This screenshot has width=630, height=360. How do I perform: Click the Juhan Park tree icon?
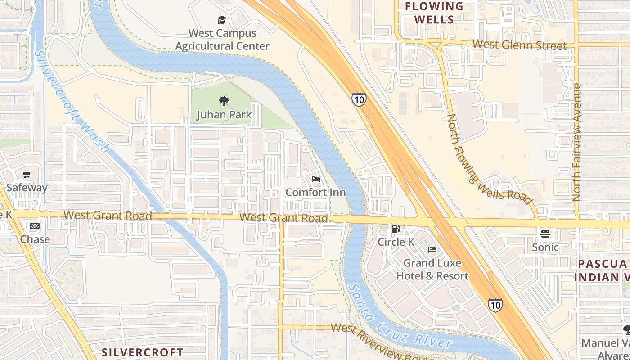224,101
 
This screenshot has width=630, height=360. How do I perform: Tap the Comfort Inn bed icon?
316,179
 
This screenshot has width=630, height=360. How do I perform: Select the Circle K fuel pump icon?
396,229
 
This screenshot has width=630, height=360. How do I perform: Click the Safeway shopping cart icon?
27,175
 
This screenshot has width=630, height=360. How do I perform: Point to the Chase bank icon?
35,226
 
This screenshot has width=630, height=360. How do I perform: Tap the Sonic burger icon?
545,234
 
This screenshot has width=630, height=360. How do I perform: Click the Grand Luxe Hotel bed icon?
432,250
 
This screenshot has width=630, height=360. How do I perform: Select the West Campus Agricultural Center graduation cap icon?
222,20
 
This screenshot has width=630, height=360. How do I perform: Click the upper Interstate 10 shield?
359,99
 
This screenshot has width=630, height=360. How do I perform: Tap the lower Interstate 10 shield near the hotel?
495,305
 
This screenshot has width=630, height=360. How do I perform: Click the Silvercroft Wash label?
72,101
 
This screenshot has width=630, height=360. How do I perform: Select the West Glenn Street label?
519,45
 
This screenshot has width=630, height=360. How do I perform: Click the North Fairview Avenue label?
577,142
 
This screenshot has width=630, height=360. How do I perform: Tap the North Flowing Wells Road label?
489,158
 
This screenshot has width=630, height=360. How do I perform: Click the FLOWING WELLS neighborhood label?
434,13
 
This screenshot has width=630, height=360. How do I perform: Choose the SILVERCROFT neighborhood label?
142,352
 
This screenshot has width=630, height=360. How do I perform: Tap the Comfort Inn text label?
315,193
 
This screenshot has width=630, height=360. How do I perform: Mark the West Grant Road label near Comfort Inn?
283,218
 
